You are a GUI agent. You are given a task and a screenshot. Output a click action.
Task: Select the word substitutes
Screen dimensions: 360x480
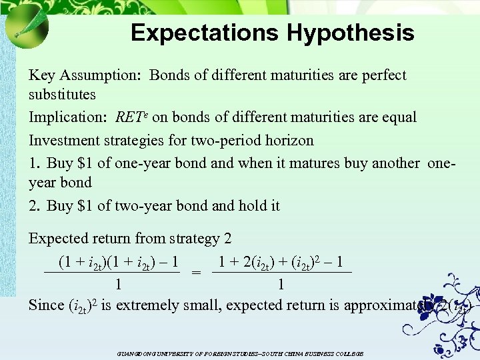[x=62, y=95]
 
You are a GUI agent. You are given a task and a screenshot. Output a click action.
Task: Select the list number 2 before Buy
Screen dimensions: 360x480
[x=33, y=206]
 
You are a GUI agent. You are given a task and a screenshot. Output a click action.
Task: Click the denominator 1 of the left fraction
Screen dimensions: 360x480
[x=118, y=285]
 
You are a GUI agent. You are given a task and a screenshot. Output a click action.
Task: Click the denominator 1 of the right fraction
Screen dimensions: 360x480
[x=281, y=285]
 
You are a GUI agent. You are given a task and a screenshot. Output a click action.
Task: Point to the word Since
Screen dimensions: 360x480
[x=47, y=305]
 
